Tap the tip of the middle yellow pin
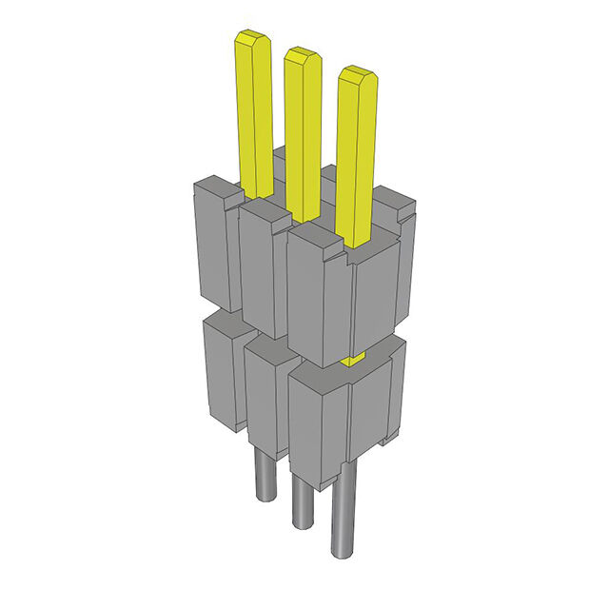click(x=302, y=54)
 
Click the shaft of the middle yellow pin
click(x=304, y=133)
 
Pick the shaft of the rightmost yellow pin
click(x=355, y=162)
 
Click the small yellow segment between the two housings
click(x=353, y=358)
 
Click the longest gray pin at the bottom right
click(x=342, y=514)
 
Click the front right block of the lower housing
click(x=343, y=419)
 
